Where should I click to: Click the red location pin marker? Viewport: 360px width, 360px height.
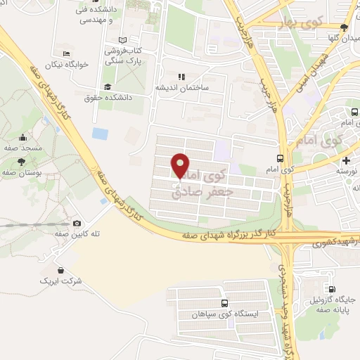pyautogui.click(x=181, y=165)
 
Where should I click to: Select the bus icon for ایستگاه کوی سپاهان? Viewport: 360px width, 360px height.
pyautogui.click(x=224, y=304)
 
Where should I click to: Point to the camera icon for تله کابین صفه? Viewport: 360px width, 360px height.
pyautogui.click(x=77, y=223)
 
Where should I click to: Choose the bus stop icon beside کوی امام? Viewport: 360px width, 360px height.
pyautogui.click(x=281, y=158)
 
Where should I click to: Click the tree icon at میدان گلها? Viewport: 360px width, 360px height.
pyautogui.click(x=343, y=27)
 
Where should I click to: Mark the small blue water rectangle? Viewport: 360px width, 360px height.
pyautogui.click(x=101, y=132)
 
